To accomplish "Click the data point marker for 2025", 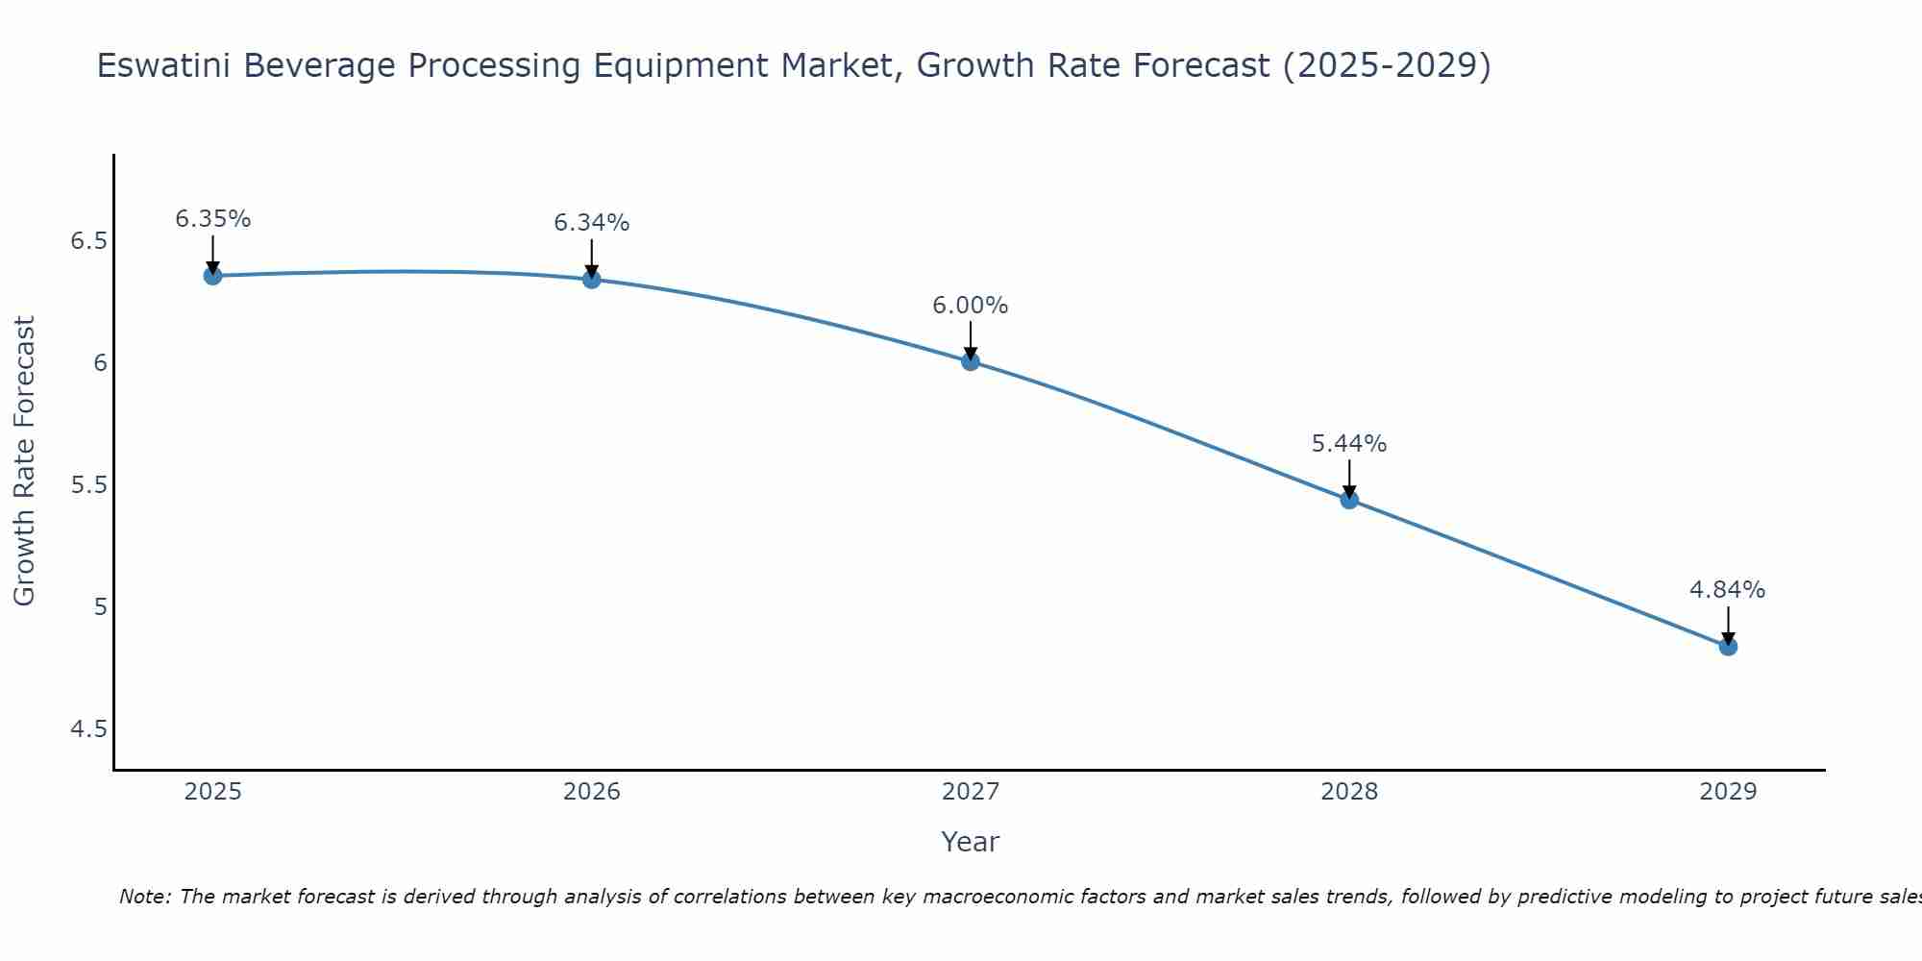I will [x=213, y=276].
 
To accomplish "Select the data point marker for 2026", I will [x=592, y=280].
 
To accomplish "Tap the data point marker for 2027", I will [x=971, y=361].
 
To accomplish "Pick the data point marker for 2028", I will [x=1349, y=500].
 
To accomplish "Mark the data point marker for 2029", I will [x=1728, y=647].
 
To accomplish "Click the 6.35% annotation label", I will [x=213, y=219].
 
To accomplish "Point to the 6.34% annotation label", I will [x=592, y=223].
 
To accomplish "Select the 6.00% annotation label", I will [x=971, y=306].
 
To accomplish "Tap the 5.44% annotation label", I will [x=1349, y=444].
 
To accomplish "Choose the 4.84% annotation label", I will [x=1728, y=590].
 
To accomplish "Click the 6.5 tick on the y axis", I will [x=88, y=240].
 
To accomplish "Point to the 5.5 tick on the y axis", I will [x=88, y=485].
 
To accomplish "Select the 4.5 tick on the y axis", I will [x=88, y=729].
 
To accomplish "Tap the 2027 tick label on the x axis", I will [x=971, y=792].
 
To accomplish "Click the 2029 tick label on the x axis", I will [x=1728, y=792].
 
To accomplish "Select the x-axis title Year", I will [x=971, y=842].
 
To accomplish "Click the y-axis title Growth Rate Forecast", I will [x=25, y=461].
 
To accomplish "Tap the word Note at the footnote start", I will [x=144, y=897].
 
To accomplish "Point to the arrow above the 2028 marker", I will [x=1349, y=478].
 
